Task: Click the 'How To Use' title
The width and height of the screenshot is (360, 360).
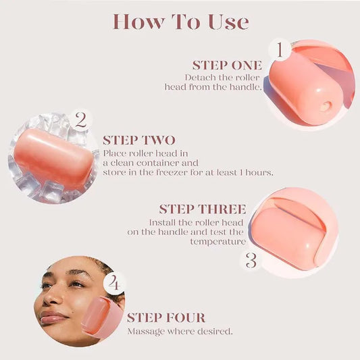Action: coord(180,22)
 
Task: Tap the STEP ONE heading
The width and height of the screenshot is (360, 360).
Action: coord(226,66)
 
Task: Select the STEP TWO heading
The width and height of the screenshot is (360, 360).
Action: coord(139,140)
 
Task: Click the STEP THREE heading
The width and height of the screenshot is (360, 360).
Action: coord(203,209)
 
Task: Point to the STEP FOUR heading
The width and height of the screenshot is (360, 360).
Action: coord(166,318)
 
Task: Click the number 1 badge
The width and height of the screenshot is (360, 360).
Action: coord(280,50)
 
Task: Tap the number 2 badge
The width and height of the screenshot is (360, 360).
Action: coord(80,121)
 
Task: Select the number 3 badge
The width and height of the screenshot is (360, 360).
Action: coord(251,260)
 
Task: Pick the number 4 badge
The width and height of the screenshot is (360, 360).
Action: coord(114,284)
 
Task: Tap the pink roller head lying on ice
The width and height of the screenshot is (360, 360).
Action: coord(53,159)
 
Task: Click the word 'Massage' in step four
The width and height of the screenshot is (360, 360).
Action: coord(145,332)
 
